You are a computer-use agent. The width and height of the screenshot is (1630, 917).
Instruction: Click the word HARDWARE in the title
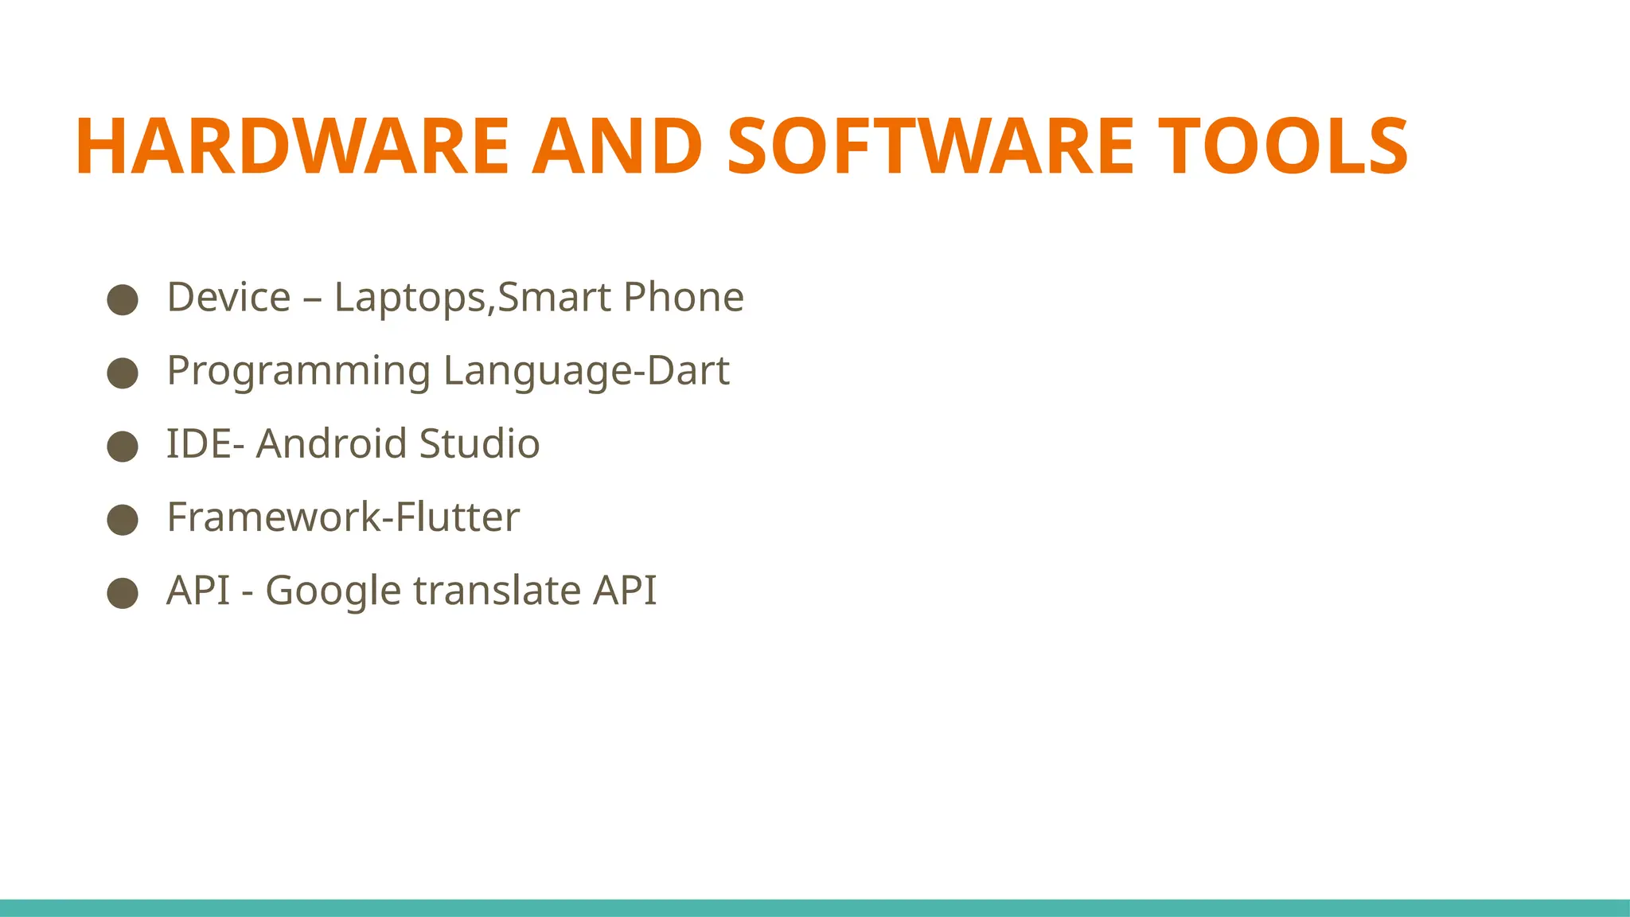click(x=291, y=146)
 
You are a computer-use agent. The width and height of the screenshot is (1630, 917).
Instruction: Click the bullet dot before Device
click(x=123, y=299)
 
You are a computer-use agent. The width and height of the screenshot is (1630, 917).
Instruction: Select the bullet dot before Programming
click(x=123, y=373)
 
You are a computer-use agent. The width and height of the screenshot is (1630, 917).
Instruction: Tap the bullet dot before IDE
click(x=123, y=446)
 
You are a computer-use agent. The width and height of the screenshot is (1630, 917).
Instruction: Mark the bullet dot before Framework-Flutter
click(x=123, y=519)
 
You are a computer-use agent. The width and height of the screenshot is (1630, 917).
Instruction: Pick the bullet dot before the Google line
click(x=123, y=592)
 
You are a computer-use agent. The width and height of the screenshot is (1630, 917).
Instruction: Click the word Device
click(x=228, y=298)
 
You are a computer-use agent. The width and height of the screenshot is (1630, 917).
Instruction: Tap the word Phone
click(x=684, y=298)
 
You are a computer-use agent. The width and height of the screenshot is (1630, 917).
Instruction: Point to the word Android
click(x=331, y=444)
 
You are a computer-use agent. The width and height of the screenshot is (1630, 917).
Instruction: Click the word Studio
click(x=479, y=444)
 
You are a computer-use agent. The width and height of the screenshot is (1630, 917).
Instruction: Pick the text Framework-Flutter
click(x=343, y=517)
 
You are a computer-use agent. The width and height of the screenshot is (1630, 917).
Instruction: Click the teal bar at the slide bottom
click(x=815, y=907)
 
